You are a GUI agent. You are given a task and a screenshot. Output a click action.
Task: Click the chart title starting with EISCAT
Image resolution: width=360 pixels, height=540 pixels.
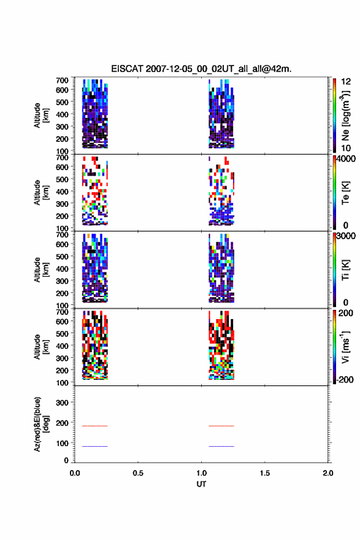tap(201, 69)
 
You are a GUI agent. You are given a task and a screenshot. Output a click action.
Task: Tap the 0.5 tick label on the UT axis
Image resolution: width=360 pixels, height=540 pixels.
tap(138, 473)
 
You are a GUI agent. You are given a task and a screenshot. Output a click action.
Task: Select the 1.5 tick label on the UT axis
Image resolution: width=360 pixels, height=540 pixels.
tap(265, 473)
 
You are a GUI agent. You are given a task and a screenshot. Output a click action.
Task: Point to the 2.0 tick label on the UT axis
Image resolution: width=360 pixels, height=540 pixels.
tap(328, 473)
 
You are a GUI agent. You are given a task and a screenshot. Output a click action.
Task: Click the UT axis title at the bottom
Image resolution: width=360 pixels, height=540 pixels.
tap(201, 484)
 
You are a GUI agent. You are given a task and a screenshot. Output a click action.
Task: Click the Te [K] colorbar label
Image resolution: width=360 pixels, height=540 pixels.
tap(345, 193)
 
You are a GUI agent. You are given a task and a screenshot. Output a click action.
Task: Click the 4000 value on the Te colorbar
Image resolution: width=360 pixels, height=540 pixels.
tap(346, 159)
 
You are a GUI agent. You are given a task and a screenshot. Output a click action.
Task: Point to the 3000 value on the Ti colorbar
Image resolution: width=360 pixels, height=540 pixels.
tap(346, 236)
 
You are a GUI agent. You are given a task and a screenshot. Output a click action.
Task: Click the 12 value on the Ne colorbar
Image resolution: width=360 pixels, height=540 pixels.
tap(346, 82)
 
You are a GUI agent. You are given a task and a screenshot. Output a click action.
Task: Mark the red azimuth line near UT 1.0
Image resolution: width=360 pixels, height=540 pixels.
tap(221, 426)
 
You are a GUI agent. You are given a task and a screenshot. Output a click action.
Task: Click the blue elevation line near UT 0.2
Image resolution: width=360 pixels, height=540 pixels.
tap(94, 446)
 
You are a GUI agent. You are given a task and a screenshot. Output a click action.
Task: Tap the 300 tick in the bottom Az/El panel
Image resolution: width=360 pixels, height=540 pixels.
tap(62, 403)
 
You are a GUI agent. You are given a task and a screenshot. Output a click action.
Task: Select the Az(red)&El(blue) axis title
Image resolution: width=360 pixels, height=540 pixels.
tap(42, 424)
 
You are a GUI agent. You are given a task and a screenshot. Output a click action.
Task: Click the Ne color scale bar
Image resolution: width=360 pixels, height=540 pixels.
tap(334, 115)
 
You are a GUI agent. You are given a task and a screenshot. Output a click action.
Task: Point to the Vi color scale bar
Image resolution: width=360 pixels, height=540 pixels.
tap(334, 347)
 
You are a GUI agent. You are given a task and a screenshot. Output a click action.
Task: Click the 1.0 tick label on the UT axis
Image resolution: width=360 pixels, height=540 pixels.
tap(201, 473)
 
